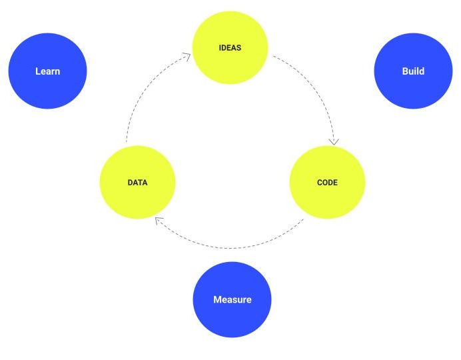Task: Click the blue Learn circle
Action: pyautogui.click(x=47, y=71)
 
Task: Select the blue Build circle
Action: pyautogui.click(x=413, y=71)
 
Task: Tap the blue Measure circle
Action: pyautogui.click(x=232, y=299)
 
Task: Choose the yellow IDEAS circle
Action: pyautogui.click(x=230, y=47)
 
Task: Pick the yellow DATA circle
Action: pyautogui.click(x=138, y=183)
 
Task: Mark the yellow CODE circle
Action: pyautogui.click(x=327, y=183)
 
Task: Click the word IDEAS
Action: pyautogui.click(x=230, y=47)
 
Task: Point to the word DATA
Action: pyautogui.click(x=138, y=183)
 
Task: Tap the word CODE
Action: pyautogui.click(x=327, y=183)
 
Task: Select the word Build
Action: pyautogui.click(x=413, y=71)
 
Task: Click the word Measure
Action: pyautogui.click(x=232, y=300)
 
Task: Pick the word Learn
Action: pyautogui.click(x=47, y=71)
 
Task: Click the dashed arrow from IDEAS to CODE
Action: pyautogui.click(x=316, y=87)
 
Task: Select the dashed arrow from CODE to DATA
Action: pyautogui.click(x=229, y=248)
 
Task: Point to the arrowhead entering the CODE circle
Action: pyautogui.click(x=334, y=142)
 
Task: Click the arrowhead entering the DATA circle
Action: pyautogui.click(x=159, y=221)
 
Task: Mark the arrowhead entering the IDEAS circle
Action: pyautogui.click(x=187, y=56)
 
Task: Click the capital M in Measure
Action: pyautogui.click(x=217, y=300)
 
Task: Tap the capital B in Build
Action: pyautogui.click(x=404, y=71)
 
